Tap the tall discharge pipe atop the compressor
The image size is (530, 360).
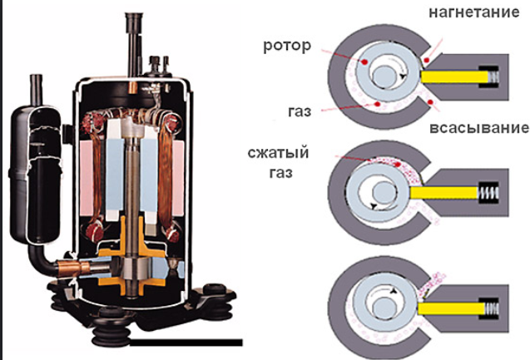click(131, 42)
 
